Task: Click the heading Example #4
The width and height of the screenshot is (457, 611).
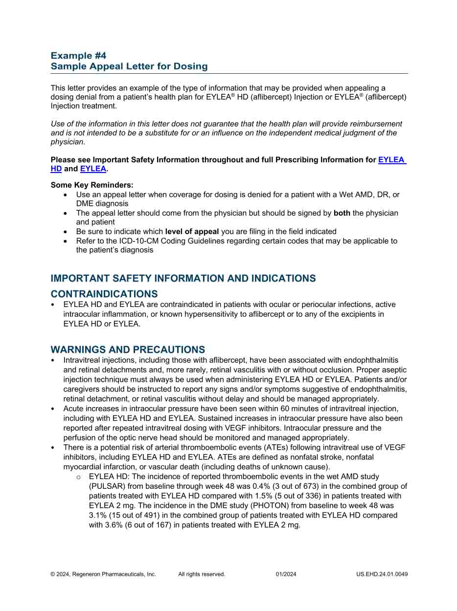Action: point(78,56)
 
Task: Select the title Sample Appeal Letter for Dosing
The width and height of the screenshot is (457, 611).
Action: point(129,66)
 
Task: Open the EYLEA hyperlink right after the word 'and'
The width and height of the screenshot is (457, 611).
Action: point(93,169)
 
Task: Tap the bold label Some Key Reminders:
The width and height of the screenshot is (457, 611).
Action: point(92,185)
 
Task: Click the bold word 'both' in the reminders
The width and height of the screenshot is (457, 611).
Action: point(342,213)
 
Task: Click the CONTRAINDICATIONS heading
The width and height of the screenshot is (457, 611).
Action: point(104,294)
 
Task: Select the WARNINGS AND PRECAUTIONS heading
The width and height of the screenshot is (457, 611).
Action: point(128,350)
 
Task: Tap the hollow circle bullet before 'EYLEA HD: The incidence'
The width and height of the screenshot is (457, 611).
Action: point(78,477)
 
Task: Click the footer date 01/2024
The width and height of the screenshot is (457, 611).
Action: point(286,574)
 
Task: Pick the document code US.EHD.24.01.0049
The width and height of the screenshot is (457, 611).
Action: point(382,574)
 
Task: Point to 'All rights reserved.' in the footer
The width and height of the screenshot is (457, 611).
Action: point(202,574)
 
